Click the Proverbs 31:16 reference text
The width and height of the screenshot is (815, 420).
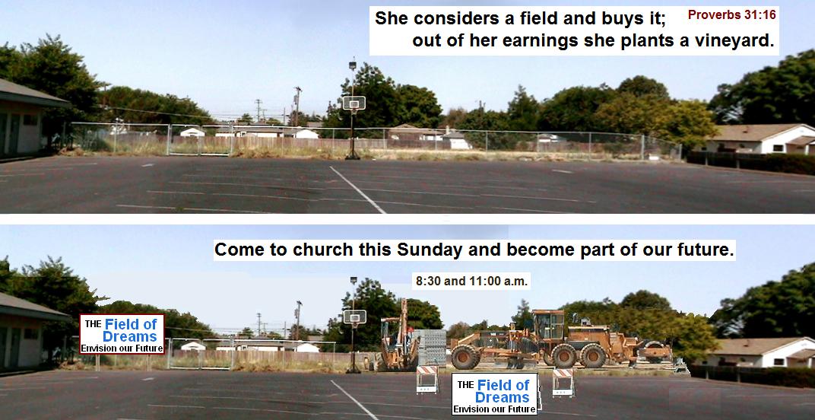(732, 14)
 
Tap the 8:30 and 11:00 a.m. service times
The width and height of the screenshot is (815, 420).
(471, 282)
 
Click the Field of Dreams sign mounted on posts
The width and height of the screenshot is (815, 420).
(122, 334)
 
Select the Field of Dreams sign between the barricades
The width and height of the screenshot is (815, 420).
(494, 393)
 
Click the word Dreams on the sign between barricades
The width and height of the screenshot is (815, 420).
(494, 398)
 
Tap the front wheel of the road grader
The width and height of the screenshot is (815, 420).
(466, 356)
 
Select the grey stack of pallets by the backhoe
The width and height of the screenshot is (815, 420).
(432, 347)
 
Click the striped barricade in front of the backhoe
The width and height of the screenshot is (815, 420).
(427, 378)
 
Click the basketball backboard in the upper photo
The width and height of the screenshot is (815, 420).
(354, 103)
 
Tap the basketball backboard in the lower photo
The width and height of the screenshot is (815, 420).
(354, 317)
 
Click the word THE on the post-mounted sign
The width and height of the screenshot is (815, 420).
(93, 323)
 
